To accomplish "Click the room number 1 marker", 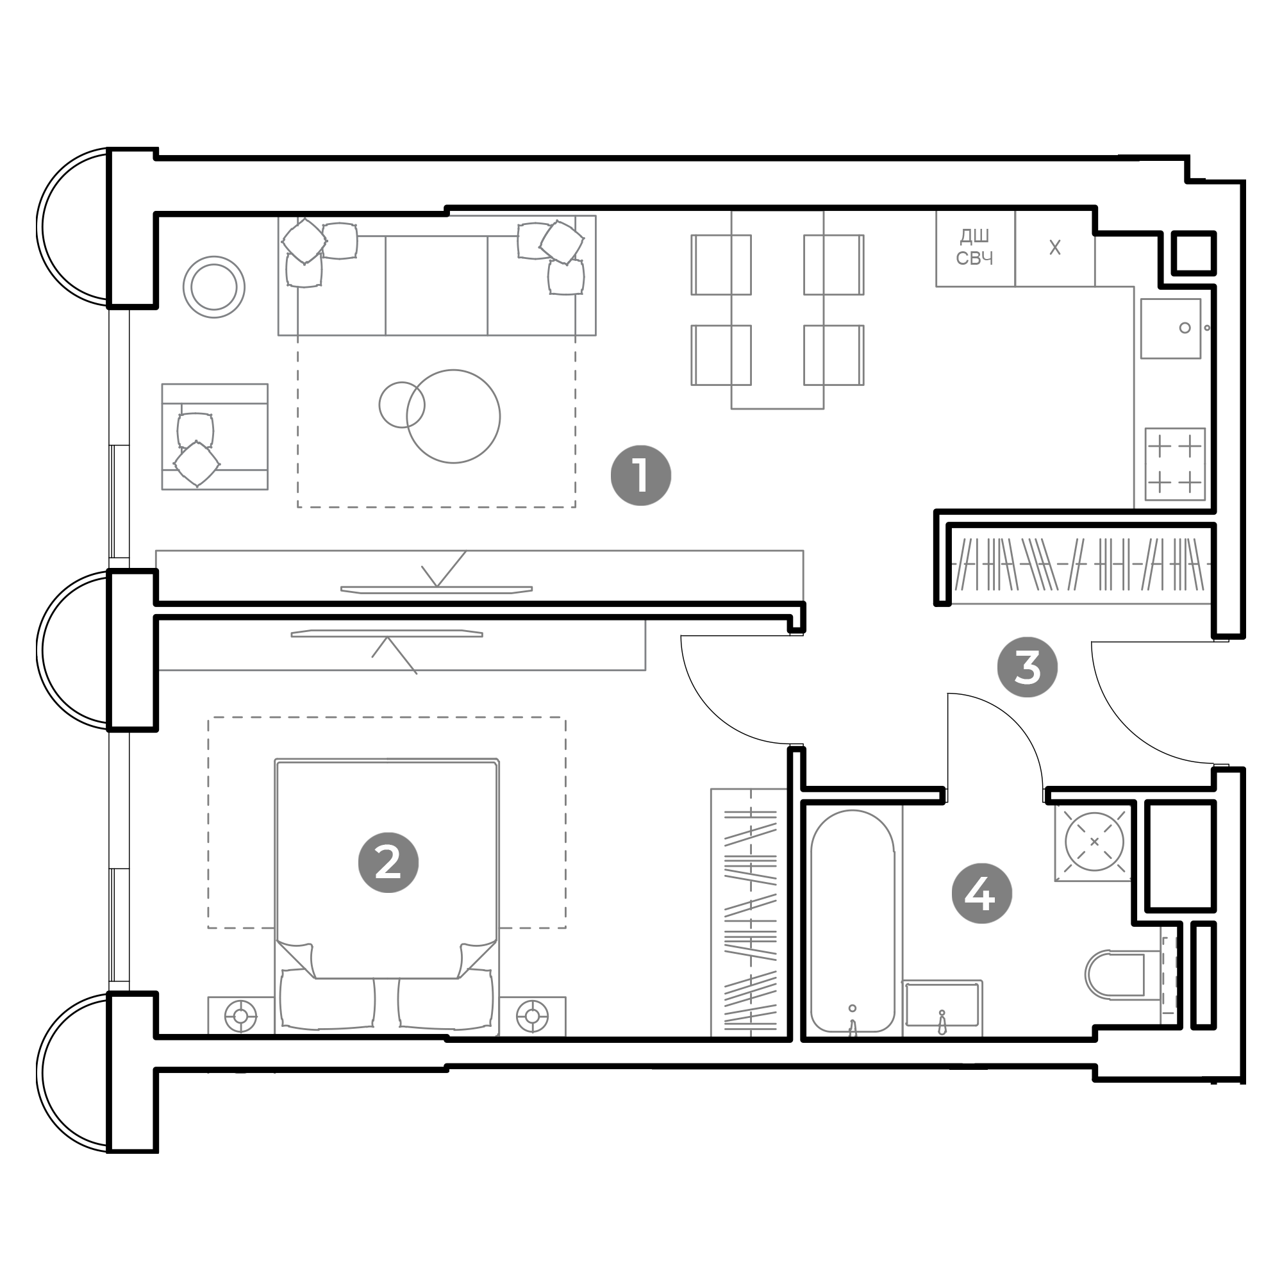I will coord(640,475).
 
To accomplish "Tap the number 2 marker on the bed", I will coord(388,863).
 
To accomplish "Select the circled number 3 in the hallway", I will coord(1027,667).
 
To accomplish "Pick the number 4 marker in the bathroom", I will coord(981,894).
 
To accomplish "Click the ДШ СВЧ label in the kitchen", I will coord(974,247).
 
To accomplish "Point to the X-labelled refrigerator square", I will coord(1054,248).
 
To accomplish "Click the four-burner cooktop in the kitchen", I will coord(1174,464).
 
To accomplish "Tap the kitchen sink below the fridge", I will coord(1170,328).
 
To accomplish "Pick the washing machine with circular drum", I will coord(1094,842).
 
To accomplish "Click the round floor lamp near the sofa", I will coord(213,287).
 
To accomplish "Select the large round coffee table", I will coord(453,416).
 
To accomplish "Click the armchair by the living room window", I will coord(214,436).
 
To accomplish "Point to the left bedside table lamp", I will coord(241,1016).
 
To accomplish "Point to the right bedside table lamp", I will coord(532,1016).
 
